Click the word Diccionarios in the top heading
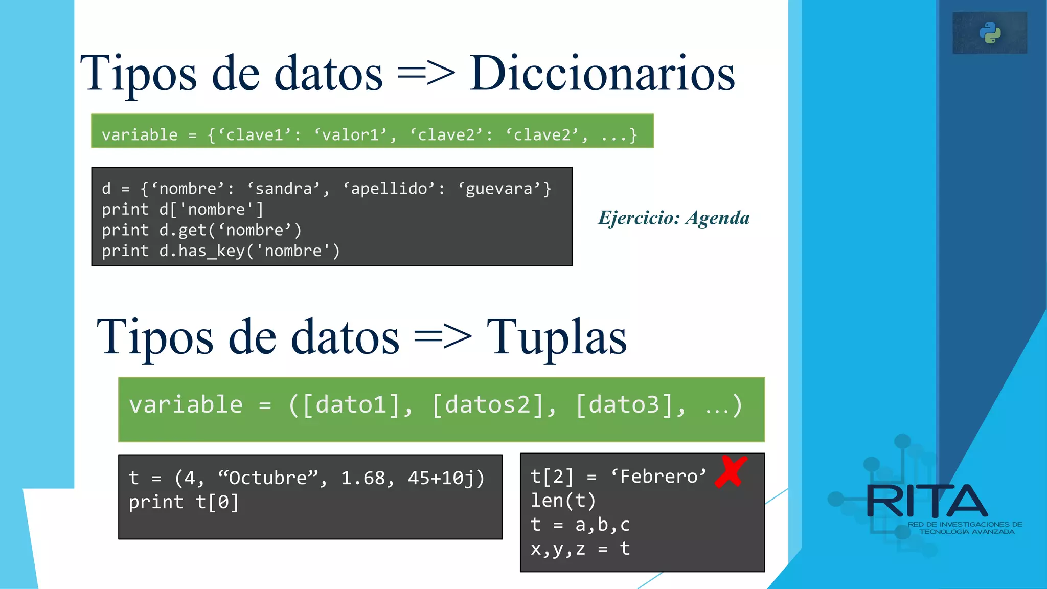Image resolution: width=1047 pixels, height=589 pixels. pos(602,74)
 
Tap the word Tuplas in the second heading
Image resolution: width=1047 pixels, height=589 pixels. pos(556,337)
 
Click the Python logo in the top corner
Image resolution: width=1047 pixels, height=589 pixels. pos(990,33)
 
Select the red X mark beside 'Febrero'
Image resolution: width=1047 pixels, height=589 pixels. pos(731,471)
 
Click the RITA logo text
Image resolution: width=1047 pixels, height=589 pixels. pos(926,502)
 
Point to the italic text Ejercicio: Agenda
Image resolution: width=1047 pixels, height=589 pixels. pos(674,218)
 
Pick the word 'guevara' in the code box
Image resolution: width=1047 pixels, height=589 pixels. pos(499,189)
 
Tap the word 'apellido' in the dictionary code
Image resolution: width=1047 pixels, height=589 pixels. pos(389,189)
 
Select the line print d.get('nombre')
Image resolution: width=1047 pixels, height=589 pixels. pos(201,230)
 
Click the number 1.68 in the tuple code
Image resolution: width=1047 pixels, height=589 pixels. pos(363,478)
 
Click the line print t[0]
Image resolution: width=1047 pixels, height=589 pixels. pos(184,502)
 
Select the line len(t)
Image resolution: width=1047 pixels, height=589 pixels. pos(563,501)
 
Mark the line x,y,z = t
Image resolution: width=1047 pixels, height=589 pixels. pos(580,549)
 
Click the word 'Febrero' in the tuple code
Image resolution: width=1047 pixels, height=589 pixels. pos(658,477)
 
